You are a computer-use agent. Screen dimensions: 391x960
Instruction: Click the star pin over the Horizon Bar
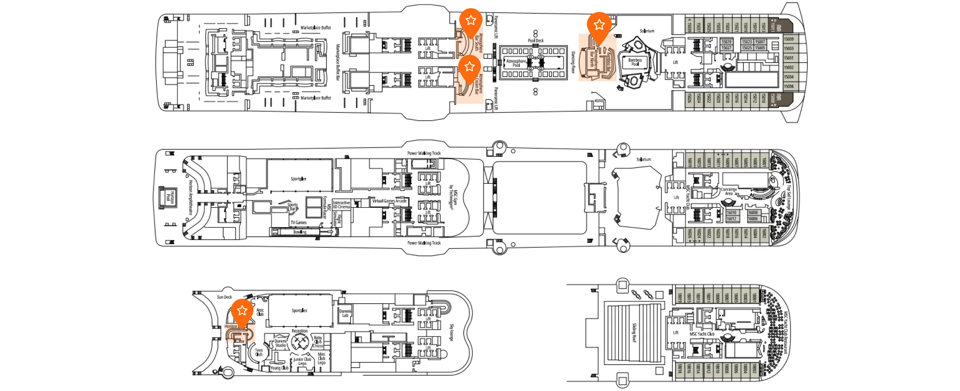tap(242, 311)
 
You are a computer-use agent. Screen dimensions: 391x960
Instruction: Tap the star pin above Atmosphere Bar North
tap(599, 25)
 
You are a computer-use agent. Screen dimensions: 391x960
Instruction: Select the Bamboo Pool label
tap(635, 62)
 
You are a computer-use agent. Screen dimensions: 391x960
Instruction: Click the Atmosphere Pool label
tap(516, 63)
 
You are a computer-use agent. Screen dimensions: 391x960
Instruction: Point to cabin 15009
tap(789, 39)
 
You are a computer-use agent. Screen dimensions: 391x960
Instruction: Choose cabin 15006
tap(789, 87)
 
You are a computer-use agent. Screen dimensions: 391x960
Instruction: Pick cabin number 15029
tap(726, 42)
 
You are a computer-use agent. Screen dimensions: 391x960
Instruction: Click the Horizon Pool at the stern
tap(169, 197)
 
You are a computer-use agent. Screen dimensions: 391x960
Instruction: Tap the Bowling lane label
tap(300, 232)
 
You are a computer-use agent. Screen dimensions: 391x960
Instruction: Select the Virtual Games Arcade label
tap(389, 201)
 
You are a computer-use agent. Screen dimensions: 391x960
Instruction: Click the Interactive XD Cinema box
tap(341, 205)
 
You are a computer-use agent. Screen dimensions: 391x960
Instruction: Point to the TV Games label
tap(298, 223)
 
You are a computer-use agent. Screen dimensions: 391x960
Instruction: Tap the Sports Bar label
tap(293, 207)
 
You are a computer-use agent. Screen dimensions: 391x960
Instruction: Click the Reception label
tap(299, 331)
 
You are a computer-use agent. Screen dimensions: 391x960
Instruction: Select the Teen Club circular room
tap(259, 352)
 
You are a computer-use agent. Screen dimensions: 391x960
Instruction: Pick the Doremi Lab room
tap(345, 313)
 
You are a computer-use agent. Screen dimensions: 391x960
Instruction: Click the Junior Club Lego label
tap(302, 361)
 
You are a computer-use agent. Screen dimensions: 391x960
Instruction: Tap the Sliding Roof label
tap(634, 332)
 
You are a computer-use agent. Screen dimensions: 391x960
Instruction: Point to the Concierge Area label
tap(729, 191)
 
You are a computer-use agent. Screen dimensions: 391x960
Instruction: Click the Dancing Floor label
tap(573, 62)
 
